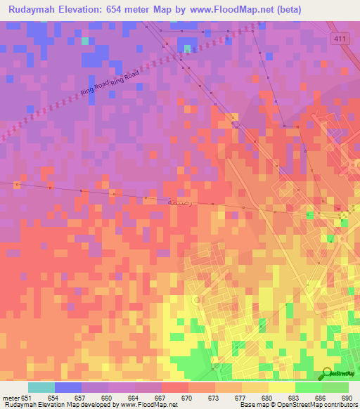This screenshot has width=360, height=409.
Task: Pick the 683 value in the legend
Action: [294, 397]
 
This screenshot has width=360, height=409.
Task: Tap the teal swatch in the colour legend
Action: [41, 387]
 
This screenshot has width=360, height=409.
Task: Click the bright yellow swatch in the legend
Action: [281, 387]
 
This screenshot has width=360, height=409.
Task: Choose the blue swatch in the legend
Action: [67, 387]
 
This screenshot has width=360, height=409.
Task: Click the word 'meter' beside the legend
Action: [11, 397]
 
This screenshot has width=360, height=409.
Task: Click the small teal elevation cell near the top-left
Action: [85, 41]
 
